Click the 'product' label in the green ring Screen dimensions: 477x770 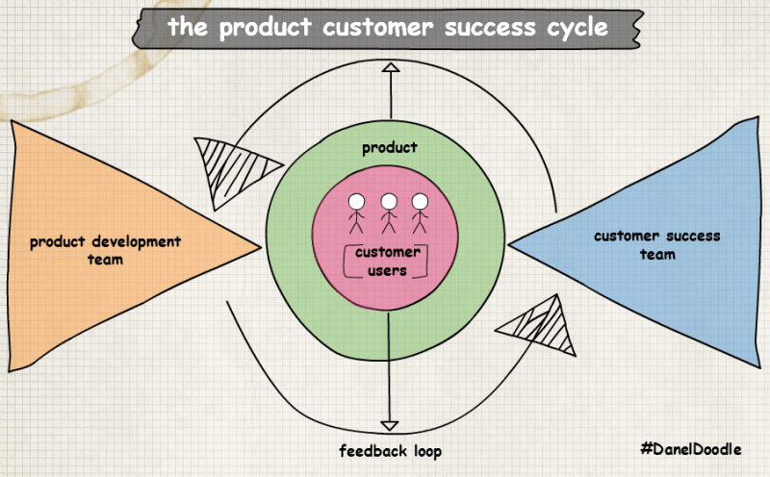pos(389,147)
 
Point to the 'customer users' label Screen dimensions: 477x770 pos(388,262)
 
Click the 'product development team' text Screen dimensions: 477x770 pos(106,250)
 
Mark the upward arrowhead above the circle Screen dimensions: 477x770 pos(390,68)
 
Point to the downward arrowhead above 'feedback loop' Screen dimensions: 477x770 pos(389,424)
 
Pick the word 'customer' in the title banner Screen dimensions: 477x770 pos(375,27)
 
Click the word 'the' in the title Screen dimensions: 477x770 pos(189,27)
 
